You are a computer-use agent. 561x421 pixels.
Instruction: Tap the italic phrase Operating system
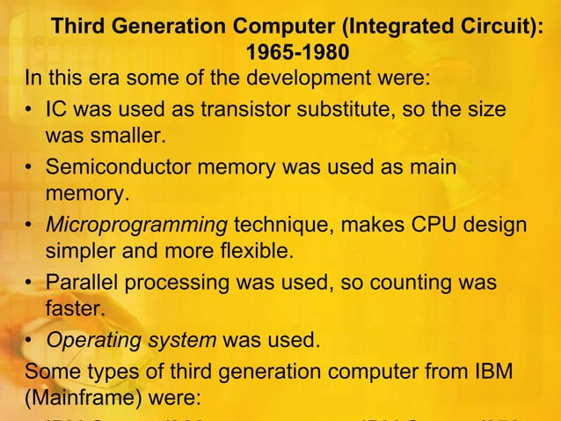(x=130, y=340)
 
